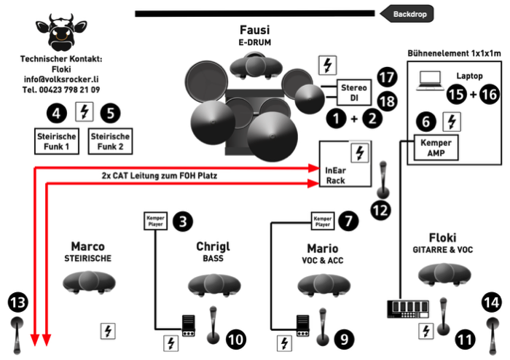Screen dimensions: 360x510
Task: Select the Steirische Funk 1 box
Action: pyautogui.click(x=58, y=141)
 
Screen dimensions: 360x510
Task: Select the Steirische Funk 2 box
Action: pyautogui.click(x=109, y=141)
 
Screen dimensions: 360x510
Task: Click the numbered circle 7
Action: pyautogui.click(x=348, y=219)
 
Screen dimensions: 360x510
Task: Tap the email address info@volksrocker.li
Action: pyautogui.click(x=61, y=79)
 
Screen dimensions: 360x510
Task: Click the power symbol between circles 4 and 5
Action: pyautogui.click(x=85, y=112)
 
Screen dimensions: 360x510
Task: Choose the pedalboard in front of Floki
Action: pyautogui.click(x=405, y=310)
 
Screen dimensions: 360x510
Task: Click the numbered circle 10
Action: pyautogui.click(x=235, y=339)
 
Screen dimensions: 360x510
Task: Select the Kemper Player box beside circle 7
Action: pyautogui.click(x=323, y=219)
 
